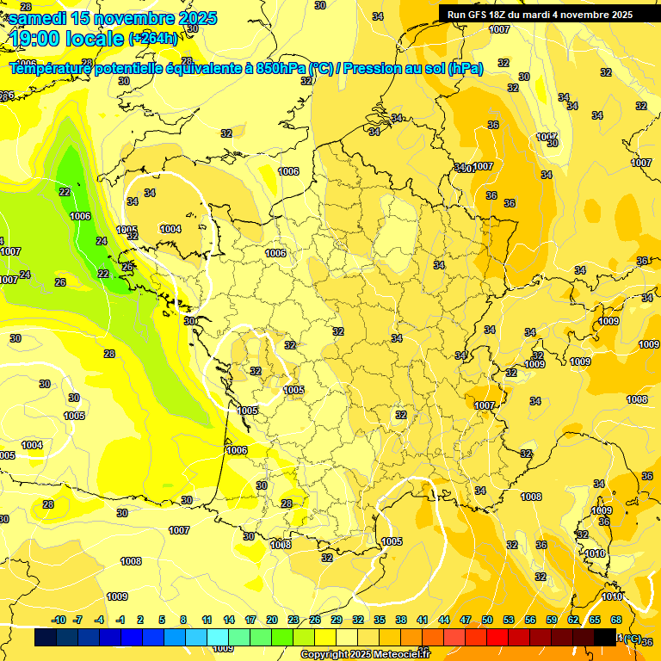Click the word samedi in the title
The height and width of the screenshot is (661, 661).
[x=40, y=18]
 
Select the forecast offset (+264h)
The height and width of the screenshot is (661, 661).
[x=153, y=39]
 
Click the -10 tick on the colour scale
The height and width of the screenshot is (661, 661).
[x=59, y=620]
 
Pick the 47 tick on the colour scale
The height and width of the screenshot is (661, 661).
[x=466, y=620]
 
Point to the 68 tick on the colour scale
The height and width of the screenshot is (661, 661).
[x=615, y=620]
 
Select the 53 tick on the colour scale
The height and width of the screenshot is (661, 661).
[x=509, y=620]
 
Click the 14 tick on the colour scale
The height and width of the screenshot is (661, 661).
[x=229, y=620]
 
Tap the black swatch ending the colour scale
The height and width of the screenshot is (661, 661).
[x=605, y=637]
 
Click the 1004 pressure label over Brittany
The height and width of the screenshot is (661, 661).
[x=170, y=229]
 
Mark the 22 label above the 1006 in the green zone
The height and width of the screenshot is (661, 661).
[x=65, y=192]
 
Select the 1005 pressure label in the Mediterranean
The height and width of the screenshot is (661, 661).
[x=392, y=541]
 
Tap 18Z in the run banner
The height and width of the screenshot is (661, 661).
[x=500, y=15]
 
